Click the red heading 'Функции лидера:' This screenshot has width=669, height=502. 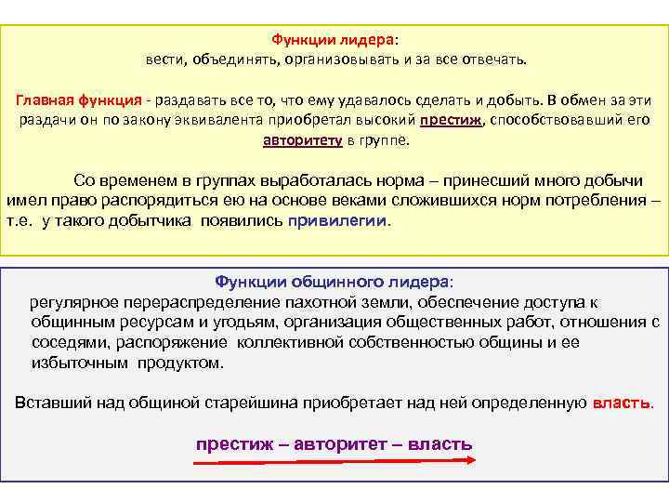(334, 40)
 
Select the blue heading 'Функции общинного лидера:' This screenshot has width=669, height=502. (334, 282)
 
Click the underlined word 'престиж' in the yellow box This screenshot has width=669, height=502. (452, 121)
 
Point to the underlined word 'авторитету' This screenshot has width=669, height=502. (302, 141)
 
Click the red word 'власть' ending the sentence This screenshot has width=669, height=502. (622, 403)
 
